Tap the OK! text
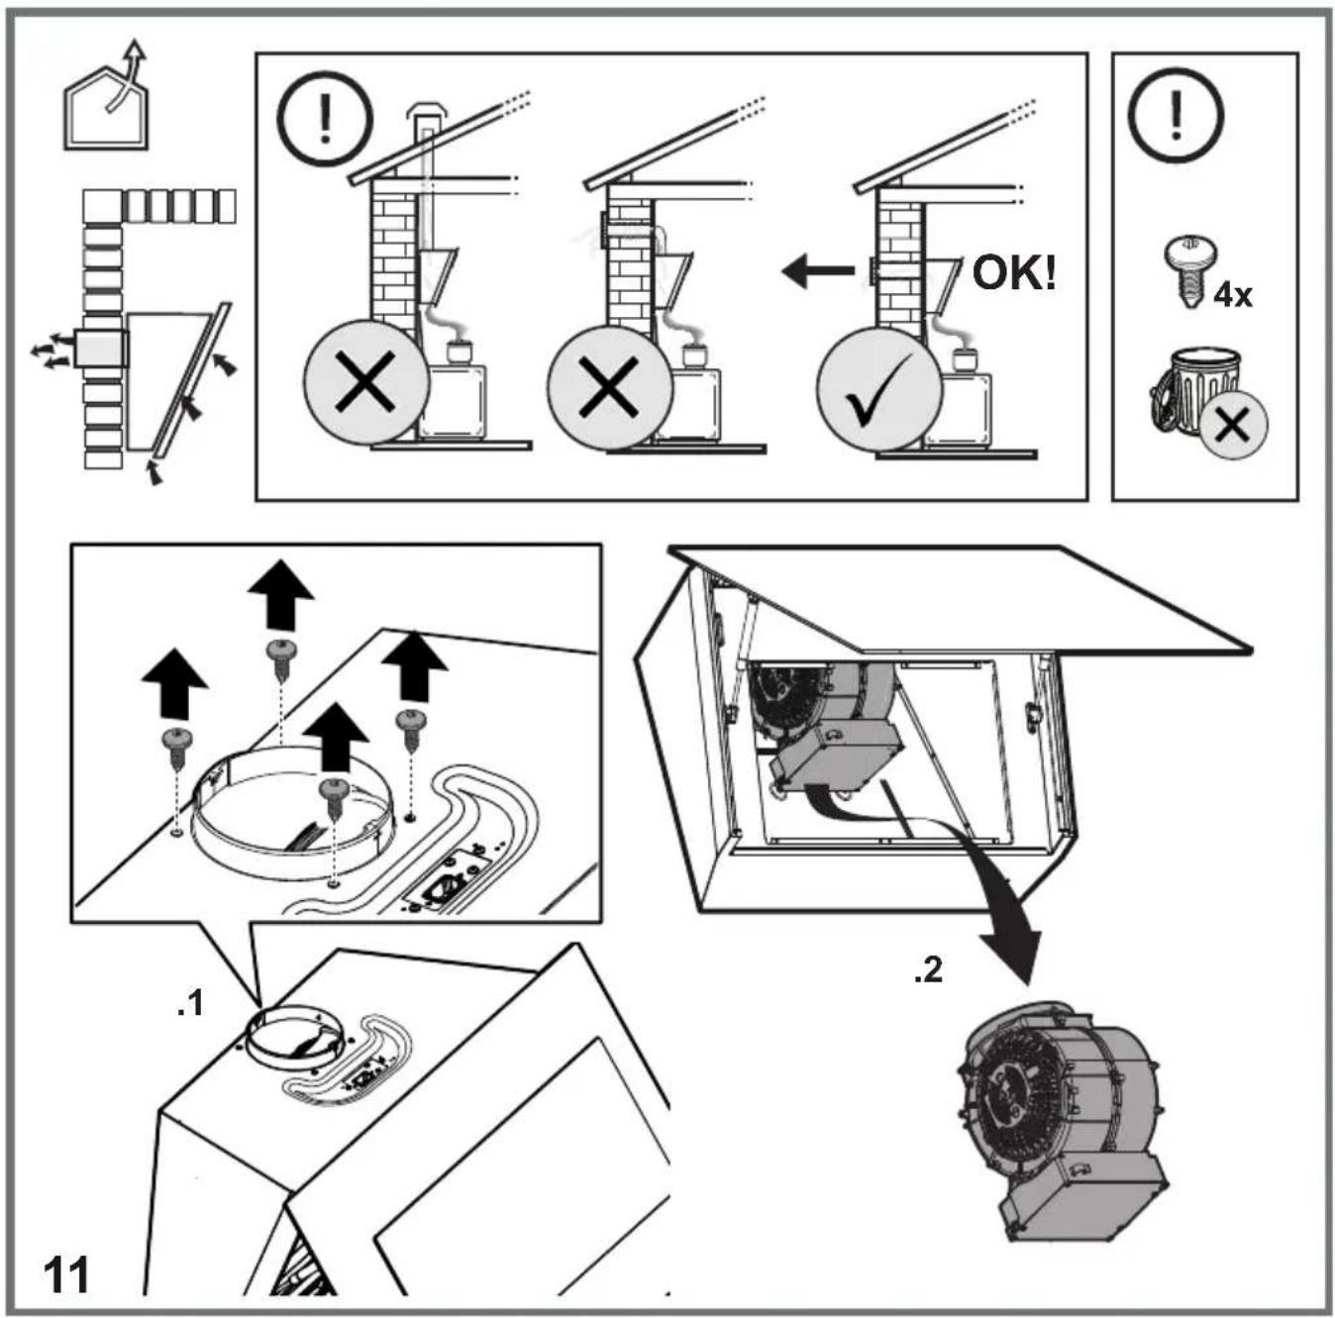pos(1014,273)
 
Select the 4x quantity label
pos(1232,296)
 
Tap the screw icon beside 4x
pos(1190,272)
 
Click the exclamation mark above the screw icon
pos(1176,115)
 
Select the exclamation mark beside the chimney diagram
pos(325,119)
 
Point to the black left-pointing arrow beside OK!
pos(817,270)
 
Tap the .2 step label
pos(928,970)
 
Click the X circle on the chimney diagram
pos(366,384)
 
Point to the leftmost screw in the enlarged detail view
pos(176,748)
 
